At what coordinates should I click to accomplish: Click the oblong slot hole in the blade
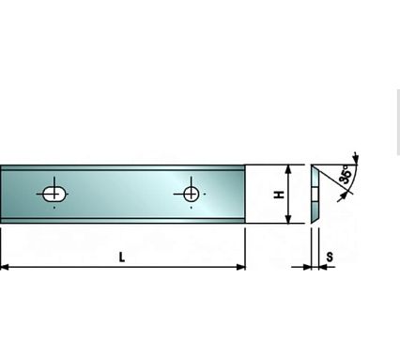(x=54, y=195)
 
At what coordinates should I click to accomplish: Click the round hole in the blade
(x=191, y=195)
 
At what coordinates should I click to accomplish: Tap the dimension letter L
(x=121, y=258)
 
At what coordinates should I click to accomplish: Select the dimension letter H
(x=279, y=195)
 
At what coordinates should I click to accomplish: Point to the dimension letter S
(x=330, y=258)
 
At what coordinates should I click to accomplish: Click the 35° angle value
(x=345, y=175)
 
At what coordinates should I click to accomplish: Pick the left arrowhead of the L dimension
(x=5, y=267)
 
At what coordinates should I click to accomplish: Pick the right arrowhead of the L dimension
(x=240, y=267)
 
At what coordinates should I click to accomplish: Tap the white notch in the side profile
(x=315, y=195)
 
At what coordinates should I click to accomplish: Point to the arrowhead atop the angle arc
(x=356, y=160)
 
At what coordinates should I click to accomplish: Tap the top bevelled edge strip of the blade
(x=122, y=168)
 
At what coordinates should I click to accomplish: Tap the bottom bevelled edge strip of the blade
(x=122, y=221)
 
